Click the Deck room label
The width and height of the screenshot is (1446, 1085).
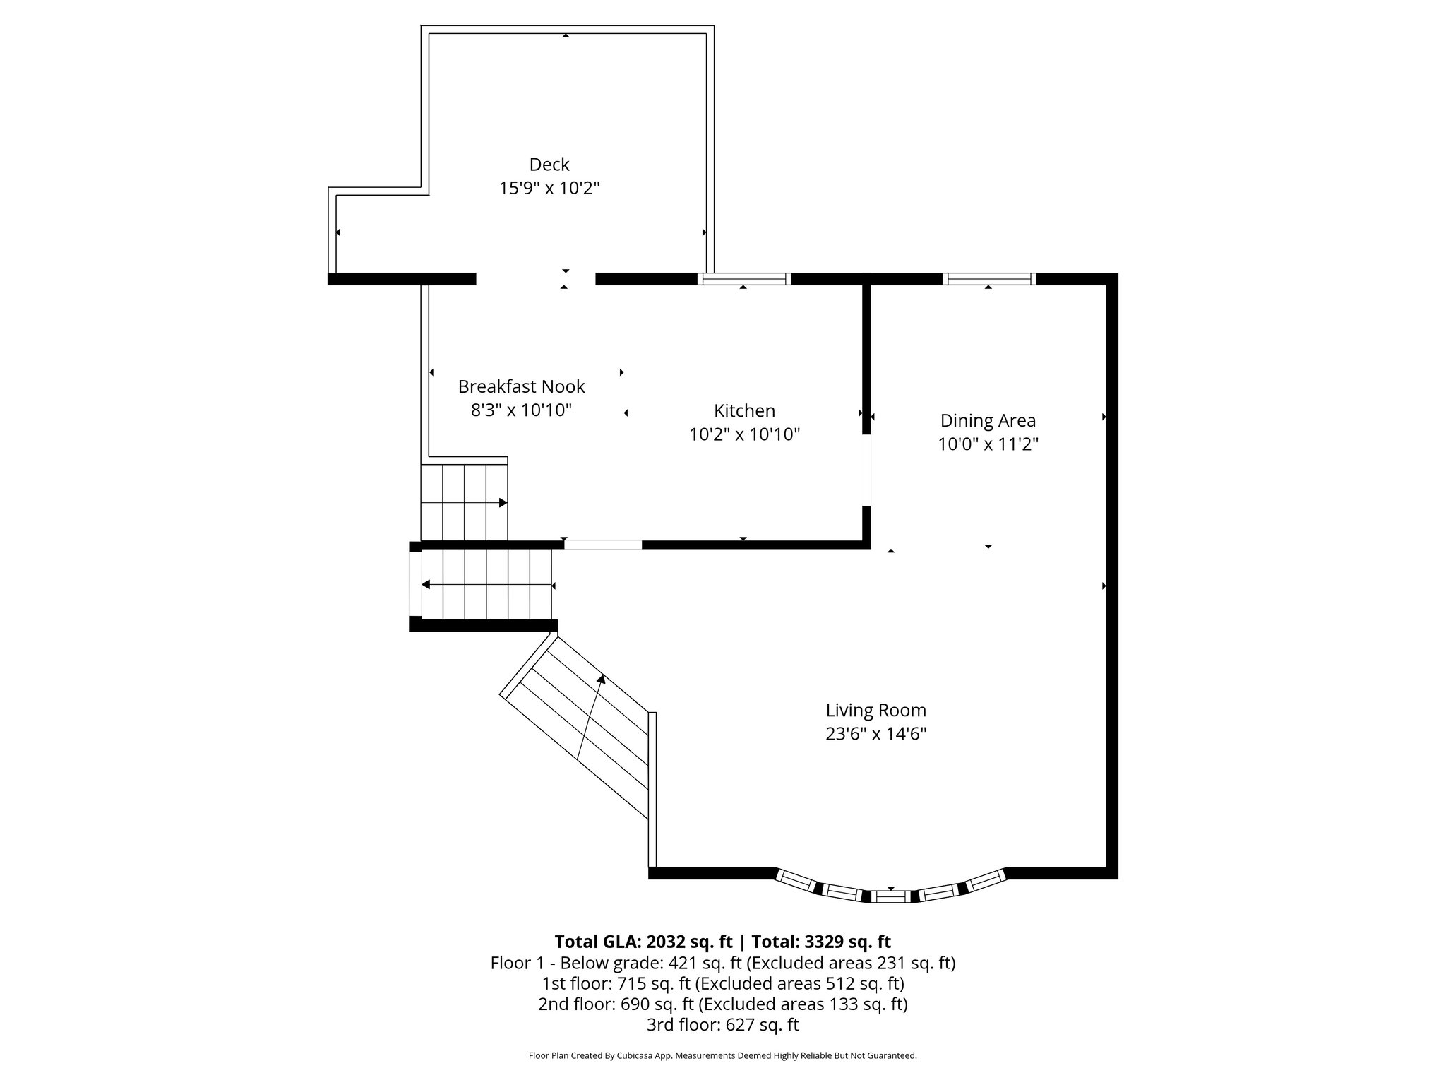point(549,165)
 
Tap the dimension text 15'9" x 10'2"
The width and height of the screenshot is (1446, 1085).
point(549,189)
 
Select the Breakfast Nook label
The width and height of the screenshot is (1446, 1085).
point(521,386)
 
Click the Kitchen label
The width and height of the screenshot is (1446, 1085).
point(744,410)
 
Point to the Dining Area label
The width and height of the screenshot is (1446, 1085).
point(988,420)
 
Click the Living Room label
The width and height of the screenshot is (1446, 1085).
point(876,710)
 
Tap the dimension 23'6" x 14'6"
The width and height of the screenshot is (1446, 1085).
point(876,734)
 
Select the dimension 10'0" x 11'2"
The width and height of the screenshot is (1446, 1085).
point(988,444)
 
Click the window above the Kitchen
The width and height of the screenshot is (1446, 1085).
point(744,279)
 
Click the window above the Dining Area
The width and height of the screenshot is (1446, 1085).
point(989,279)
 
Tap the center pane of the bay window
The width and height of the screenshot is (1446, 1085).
point(890,896)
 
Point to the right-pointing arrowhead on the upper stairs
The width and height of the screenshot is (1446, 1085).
point(503,503)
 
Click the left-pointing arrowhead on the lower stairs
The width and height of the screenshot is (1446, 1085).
point(426,585)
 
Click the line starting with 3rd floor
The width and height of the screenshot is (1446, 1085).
point(722,1024)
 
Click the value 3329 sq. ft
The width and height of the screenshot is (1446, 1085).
point(845,942)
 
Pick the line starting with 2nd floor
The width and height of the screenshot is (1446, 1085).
point(722,1004)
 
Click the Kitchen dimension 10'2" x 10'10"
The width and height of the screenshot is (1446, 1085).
point(744,434)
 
